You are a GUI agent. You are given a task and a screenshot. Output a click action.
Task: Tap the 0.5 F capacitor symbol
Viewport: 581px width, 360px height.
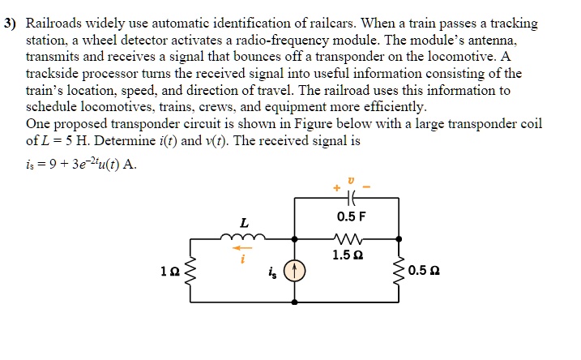point(347,198)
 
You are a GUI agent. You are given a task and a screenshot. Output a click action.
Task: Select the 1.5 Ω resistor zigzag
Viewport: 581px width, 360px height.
point(346,238)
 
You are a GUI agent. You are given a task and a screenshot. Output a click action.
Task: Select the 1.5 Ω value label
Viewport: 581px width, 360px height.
point(347,255)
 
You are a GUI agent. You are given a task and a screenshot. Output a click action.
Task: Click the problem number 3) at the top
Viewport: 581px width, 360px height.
point(11,24)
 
